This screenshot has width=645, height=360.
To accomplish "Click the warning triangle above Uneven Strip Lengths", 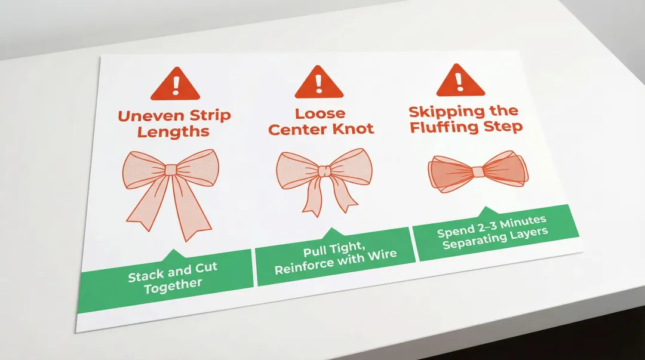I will (175, 85).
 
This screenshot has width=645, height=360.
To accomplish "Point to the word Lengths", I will (173, 131).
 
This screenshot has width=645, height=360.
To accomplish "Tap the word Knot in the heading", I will (352, 128).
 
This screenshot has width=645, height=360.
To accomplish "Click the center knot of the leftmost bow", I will (171, 170).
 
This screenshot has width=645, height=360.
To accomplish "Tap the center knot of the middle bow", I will (324, 171).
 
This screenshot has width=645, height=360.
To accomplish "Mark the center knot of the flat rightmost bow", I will (478, 172).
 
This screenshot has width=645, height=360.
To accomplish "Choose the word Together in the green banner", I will (173, 285).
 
